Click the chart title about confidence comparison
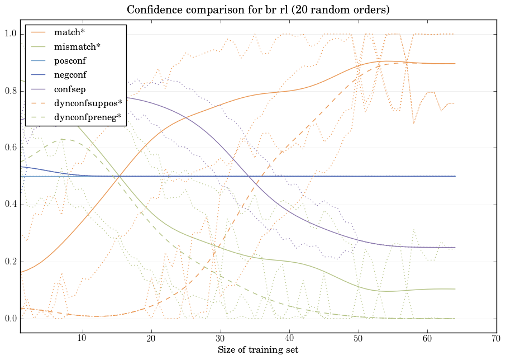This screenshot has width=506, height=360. coord(258,10)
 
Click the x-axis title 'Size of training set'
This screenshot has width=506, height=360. coord(257,350)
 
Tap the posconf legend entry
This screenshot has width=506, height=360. coord(70,60)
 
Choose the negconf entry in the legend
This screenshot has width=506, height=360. coord(70,74)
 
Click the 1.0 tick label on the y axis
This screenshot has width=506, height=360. coord(11,34)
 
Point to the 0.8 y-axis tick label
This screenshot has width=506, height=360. coord(11,91)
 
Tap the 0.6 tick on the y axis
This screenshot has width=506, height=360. coord(11,148)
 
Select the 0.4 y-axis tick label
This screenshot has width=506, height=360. coord(11,205)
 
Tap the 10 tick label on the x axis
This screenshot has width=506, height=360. coord(82,338)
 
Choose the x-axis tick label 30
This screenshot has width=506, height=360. coord(221,338)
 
